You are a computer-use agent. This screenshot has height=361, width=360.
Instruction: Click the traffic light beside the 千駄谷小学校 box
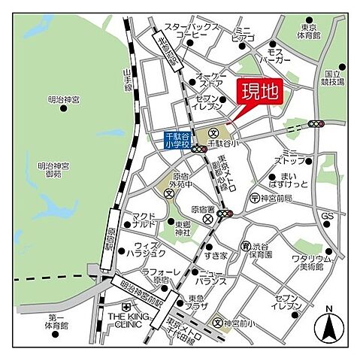click(199, 149)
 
